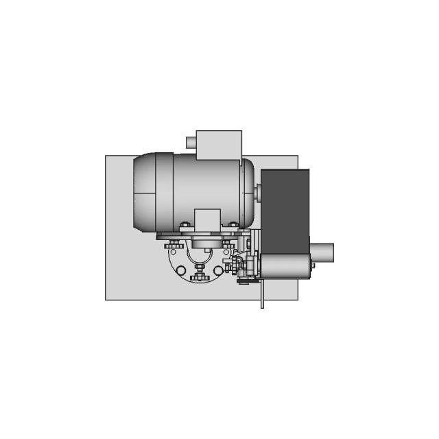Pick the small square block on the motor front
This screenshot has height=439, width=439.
pos(206,220)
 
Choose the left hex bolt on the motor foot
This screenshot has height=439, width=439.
pos(184,225)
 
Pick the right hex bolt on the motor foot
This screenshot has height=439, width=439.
pos(232,225)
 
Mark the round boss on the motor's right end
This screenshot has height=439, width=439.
pos(257,191)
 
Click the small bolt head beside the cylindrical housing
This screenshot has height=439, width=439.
pos(311,263)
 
